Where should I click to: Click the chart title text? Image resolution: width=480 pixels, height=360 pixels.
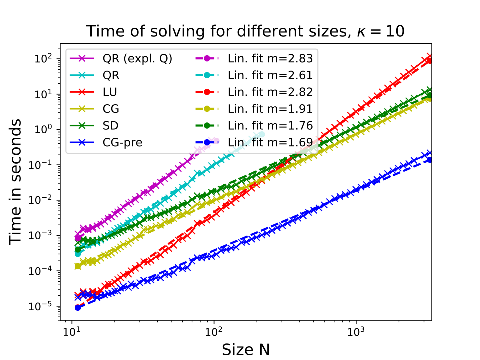pyautogui.click(x=245, y=31)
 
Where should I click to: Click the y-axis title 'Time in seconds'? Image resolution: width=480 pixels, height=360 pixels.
pyautogui.click(x=16, y=182)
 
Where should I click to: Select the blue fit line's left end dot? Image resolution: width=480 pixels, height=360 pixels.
pyautogui.click(x=78, y=307)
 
